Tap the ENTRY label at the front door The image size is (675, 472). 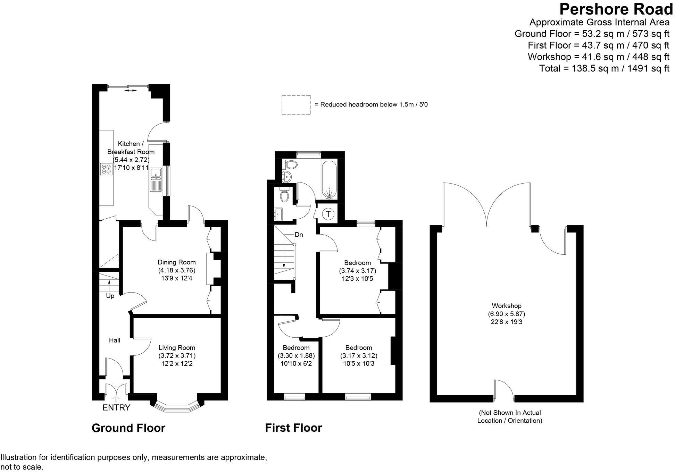(116, 407)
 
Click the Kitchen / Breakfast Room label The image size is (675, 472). (131, 148)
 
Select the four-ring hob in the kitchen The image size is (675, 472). (106, 169)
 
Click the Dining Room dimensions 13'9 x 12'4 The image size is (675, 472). (177, 278)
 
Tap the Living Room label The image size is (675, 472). (177, 348)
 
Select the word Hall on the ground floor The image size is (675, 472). (115, 340)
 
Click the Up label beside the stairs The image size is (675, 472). (110, 296)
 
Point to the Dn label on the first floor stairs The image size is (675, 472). (299, 235)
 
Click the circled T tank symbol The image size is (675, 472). (328, 213)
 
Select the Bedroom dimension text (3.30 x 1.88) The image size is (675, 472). (296, 356)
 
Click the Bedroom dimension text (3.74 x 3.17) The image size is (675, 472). (357, 271)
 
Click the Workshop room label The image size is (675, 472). (506, 306)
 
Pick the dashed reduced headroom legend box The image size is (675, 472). (296, 104)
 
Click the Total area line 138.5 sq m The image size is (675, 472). (604, 68)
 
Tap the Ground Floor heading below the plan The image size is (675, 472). (128, 428)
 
